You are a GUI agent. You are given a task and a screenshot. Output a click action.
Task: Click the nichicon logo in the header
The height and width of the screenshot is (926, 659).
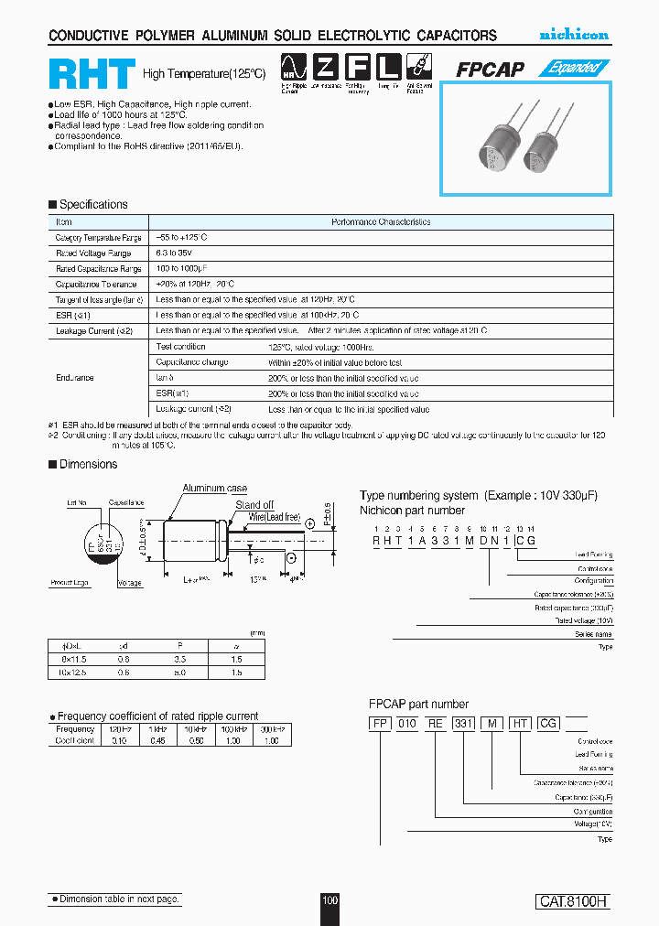(x=573, y=35)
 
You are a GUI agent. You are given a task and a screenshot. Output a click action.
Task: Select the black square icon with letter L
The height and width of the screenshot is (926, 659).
(x=388, y=67)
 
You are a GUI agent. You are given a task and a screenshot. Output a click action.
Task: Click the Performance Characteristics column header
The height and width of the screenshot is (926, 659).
(x=380, y=222)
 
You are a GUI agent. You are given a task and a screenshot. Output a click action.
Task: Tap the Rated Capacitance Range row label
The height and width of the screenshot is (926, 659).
(x=98, y=269)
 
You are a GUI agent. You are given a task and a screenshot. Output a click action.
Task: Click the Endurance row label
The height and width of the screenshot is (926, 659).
(x=74, y=377)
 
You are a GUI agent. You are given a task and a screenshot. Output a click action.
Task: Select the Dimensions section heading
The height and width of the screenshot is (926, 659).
(x=88, y=464)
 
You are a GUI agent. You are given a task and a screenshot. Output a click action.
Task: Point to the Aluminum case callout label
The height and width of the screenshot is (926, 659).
(x=215, y=489)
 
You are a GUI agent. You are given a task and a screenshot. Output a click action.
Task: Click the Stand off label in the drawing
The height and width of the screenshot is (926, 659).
(x=254, y=504)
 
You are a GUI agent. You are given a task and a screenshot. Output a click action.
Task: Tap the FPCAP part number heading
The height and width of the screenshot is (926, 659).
(x=418, y=704)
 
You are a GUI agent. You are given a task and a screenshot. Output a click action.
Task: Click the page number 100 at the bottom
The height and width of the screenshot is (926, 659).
(x=329, y=901)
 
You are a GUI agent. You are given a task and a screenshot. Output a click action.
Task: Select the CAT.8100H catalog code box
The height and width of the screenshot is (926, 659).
(x=572, y=901)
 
